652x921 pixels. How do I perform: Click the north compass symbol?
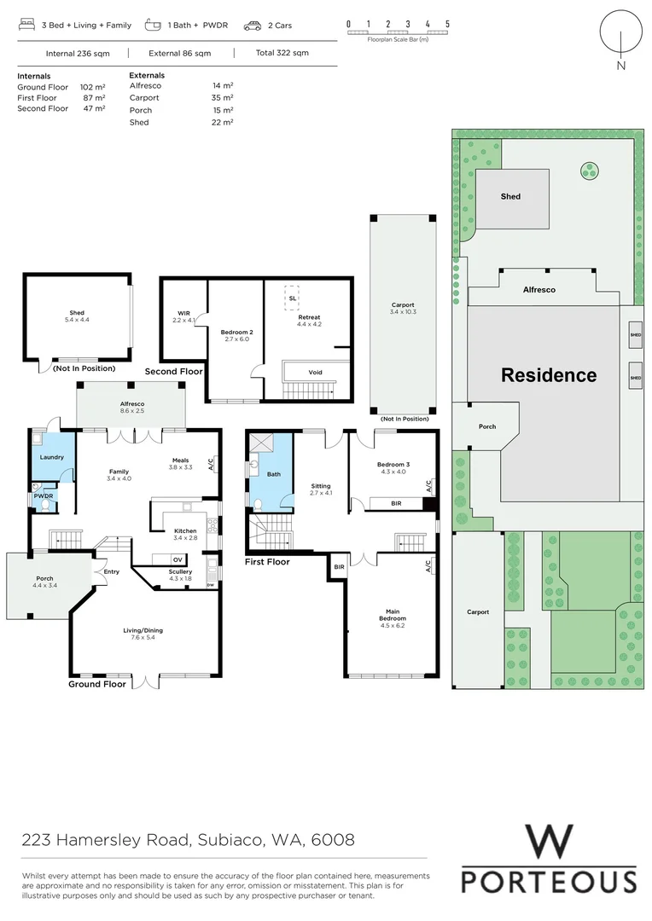pyautogui.click(x=620, y=36)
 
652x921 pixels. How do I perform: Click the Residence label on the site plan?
pyautogui.click(x=548, y=375)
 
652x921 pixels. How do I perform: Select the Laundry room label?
pyautogui.click(x=51, y=457)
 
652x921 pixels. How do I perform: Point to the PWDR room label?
pyautogui.click(x=44, y=495)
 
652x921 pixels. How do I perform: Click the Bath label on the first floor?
pyautogui.click(x=273, y=474)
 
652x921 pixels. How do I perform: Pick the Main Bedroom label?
pyautogui.click(x=393, y=615)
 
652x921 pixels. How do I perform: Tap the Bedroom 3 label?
pyautogui.click(x=393, y=465)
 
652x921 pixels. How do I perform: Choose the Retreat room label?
pyautogui.click(x=308, y=318)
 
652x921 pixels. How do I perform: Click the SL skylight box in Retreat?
pyautogui.click(x=292, y=298)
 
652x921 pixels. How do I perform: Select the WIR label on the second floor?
pyautogui.click(x=183, y=313)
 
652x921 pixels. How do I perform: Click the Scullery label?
pyautogui.click(x=180, y=571)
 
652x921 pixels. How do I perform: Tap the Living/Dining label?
pyautogui.click(x=143, y=631)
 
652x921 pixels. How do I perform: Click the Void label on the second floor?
pyautogui.click(x=315, y=372)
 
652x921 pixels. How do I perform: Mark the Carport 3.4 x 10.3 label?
pyautogui.click(x=403, y=309)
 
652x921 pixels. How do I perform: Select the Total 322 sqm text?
pyautogui.click(x=282, y=53)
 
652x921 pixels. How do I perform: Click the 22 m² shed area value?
pyautogui.click(x=223, y=123)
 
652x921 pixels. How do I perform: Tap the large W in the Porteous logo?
pyautogui.click(x=549, y=842)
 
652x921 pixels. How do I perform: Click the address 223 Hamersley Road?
pyautogui.click(x=188, y=840)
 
